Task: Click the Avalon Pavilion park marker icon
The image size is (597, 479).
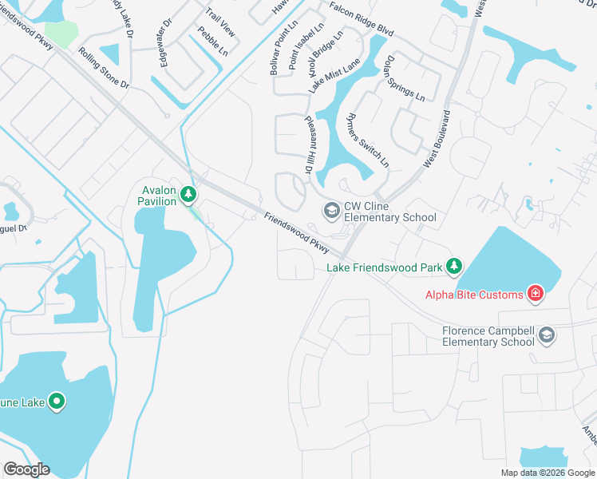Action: click(188, 194)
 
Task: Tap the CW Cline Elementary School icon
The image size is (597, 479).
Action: click(330, 210)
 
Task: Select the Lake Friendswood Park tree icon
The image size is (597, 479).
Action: click(454, 265)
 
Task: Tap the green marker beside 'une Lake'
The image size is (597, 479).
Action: click(57, 401)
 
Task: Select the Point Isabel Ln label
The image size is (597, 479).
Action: click(306, 45)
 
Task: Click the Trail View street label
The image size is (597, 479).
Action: click(220, 22)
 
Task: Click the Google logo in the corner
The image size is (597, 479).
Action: click(27, 469)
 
